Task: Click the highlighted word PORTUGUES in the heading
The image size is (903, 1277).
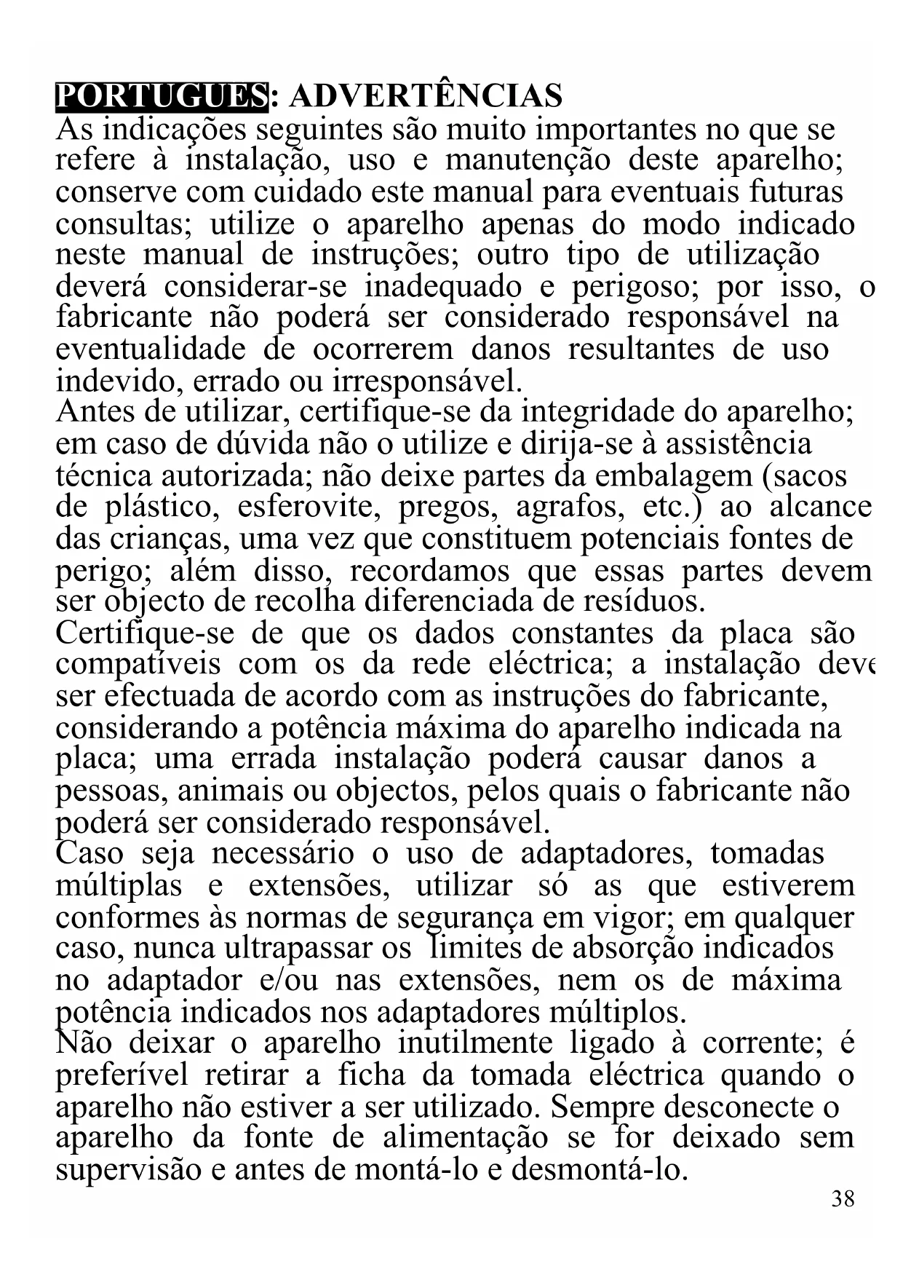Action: pos(162,97)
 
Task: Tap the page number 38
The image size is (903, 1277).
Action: pos(843,1198)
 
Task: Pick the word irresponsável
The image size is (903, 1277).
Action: pos(426,381)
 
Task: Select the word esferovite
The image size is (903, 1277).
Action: pos(309,507)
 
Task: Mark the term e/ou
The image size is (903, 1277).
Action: pos(288,980)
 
